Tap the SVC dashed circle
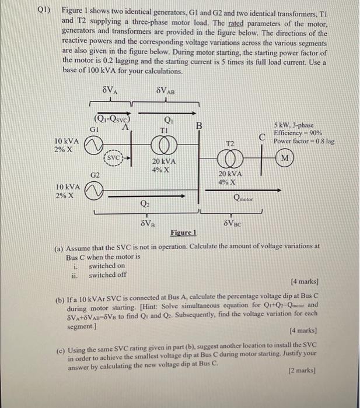click(x=115, y=158)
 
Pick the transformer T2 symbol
click(x=230, y=158)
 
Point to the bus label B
click(x=199, y=125)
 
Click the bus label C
click(x=264, y=138)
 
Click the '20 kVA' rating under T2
click(x=230, y=174)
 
